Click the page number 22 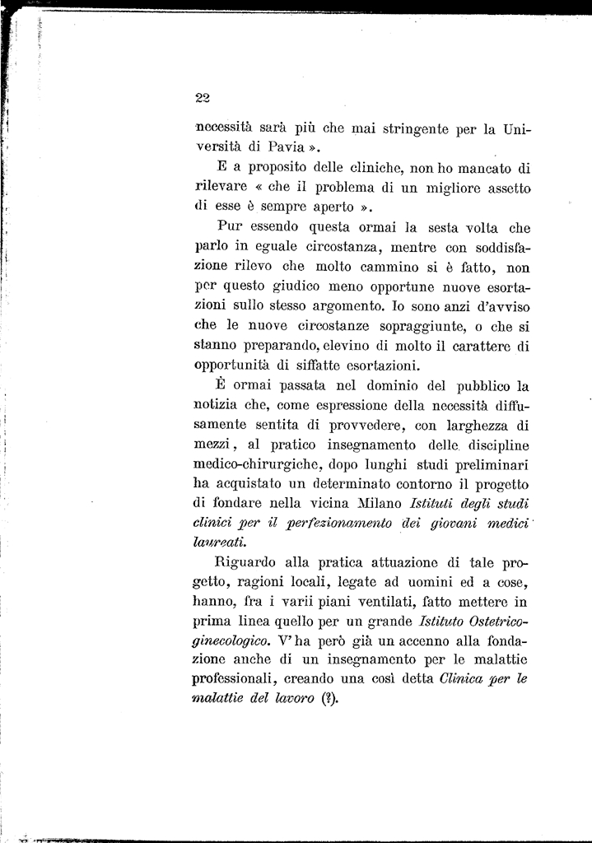(203, 98)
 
